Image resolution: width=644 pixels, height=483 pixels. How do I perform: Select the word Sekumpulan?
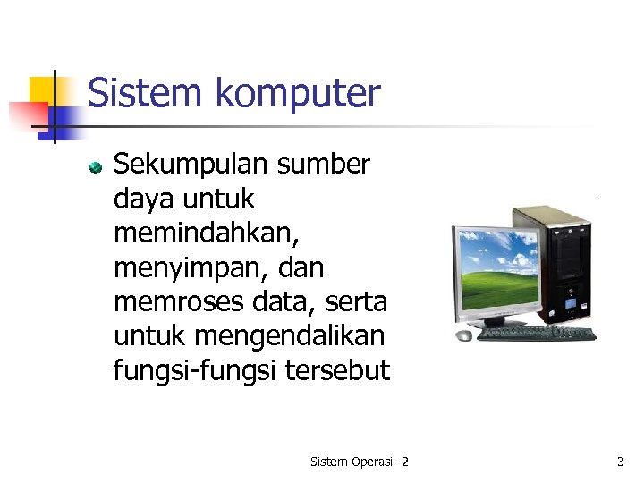191,165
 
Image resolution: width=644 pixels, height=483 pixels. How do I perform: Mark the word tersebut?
337,371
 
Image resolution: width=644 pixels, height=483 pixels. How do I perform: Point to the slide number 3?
620,462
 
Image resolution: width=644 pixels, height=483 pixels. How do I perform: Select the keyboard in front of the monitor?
537,334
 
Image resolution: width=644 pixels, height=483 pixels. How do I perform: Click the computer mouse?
463,335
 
